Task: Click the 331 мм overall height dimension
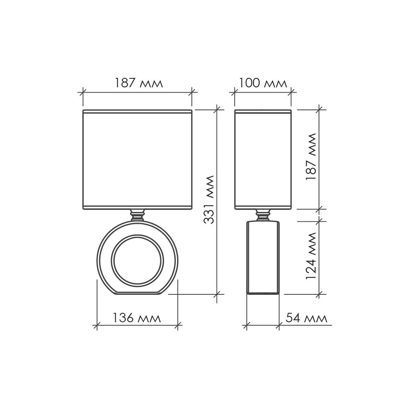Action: pos(209,200)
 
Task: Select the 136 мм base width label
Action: pos(137,318)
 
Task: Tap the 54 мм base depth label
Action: pos(306,318)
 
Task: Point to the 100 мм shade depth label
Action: pos(263,83)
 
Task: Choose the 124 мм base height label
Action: pos(311,256)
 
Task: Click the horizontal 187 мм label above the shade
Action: pos(139,83)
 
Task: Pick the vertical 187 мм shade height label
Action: pos(311,156)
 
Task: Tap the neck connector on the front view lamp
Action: pos(137,215)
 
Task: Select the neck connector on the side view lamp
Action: pos(263,215)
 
